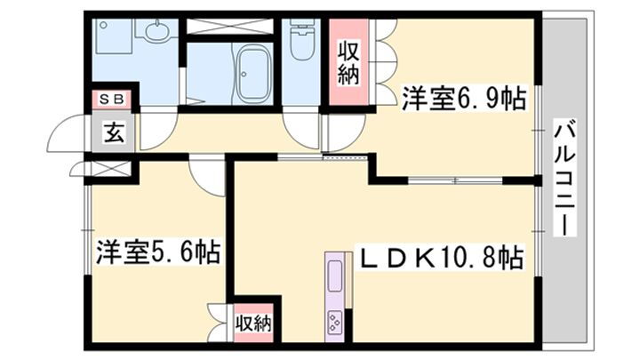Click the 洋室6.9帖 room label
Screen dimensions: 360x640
click(x=462, y=98)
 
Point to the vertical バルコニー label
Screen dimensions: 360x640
click(x=563, y=177)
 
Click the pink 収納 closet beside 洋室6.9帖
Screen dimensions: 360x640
click(x=348, y=62)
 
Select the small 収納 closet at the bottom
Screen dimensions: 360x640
click(x=253, y=322)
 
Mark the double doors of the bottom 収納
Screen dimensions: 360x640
click(x=219, y=322)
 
